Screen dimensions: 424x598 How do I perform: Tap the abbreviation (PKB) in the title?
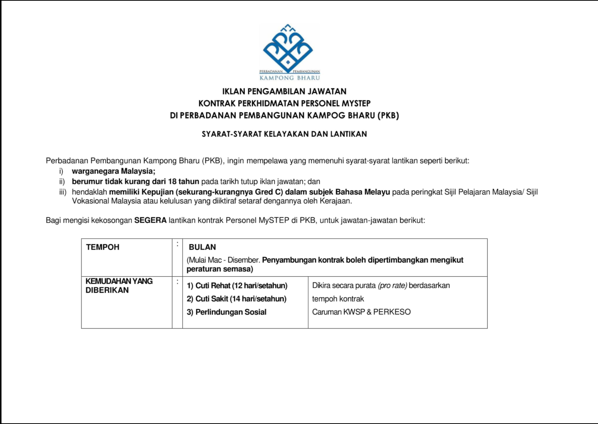388,115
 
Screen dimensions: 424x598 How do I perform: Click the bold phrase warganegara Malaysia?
113,171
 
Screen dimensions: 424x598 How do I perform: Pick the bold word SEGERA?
150,220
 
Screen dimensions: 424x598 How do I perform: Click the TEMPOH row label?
103,247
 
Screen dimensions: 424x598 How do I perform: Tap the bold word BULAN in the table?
202,247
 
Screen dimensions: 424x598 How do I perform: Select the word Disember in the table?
244,260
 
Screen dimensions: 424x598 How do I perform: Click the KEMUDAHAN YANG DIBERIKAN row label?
119,286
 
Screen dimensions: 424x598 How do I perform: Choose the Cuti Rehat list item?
237,286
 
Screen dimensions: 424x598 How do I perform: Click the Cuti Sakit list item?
237,299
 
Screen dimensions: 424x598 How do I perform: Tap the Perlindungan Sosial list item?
227,312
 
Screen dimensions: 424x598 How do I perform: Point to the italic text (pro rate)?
392,286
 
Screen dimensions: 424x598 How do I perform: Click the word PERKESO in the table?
392,312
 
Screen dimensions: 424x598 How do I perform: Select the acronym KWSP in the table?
354,312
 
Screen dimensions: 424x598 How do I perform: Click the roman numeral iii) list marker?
63,192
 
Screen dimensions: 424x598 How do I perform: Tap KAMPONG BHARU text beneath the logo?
290,78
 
